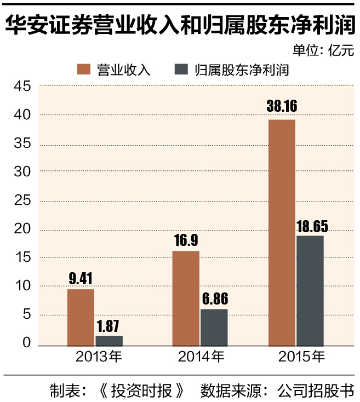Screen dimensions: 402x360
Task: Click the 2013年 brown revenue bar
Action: (x=81, y=317)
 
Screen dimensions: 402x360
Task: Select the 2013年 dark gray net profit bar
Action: (x=108, y=340)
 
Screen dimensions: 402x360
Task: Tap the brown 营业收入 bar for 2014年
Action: (x=186, y=298)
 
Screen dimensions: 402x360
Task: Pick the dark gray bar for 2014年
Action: (x=214, y=327)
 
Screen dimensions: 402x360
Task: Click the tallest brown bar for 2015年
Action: (x=282, y=232)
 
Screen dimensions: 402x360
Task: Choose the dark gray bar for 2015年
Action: (x=310, y=290)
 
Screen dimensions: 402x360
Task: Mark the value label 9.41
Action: (x=81, y=278)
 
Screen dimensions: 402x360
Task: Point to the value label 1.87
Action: (x=109, y=325)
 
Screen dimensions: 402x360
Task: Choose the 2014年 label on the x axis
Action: (x=201, y=358)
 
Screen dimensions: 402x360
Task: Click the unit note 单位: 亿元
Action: (x=323, y=51)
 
